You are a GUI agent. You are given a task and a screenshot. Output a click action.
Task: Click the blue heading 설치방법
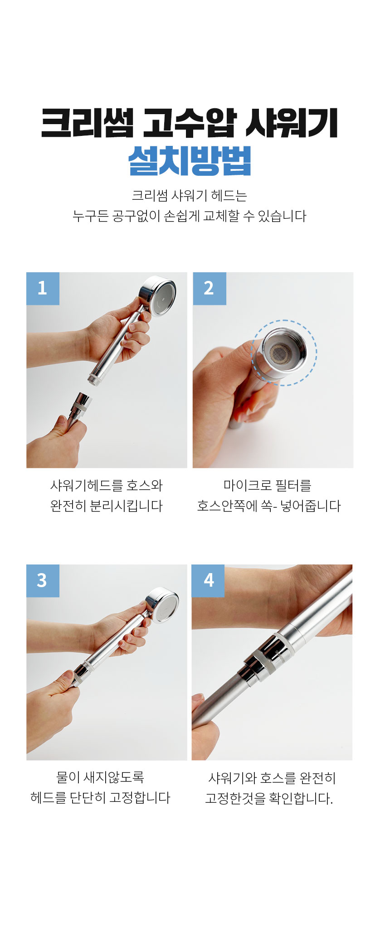point(190,160)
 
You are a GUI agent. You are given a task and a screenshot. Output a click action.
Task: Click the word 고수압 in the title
point(190,123)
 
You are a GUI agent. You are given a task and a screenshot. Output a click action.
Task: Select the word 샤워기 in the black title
point(291,123)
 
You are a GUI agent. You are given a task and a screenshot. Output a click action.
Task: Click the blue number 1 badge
point(43,289)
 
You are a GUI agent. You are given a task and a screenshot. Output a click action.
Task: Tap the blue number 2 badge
point(209,289)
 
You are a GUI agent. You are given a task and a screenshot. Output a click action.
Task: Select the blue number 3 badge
point(43,581)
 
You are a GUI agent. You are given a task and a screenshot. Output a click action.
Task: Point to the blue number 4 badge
point(209,581)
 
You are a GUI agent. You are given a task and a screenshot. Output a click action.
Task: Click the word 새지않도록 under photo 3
point(114,777)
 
